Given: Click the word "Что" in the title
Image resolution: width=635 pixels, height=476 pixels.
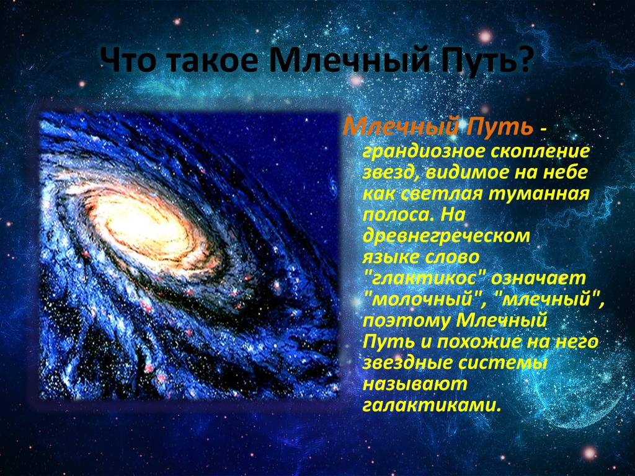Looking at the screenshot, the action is tap(127, 60).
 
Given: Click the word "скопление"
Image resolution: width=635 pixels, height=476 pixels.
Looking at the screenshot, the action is tap(540, 151).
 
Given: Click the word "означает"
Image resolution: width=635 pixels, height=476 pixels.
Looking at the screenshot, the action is tap(539, 278).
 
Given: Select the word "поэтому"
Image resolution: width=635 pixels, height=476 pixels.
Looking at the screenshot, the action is tap(406, 321).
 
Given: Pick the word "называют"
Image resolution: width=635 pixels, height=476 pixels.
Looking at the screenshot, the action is tap(415, 384).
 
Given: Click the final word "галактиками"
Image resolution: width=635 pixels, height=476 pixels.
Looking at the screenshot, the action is tap(432, 405).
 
